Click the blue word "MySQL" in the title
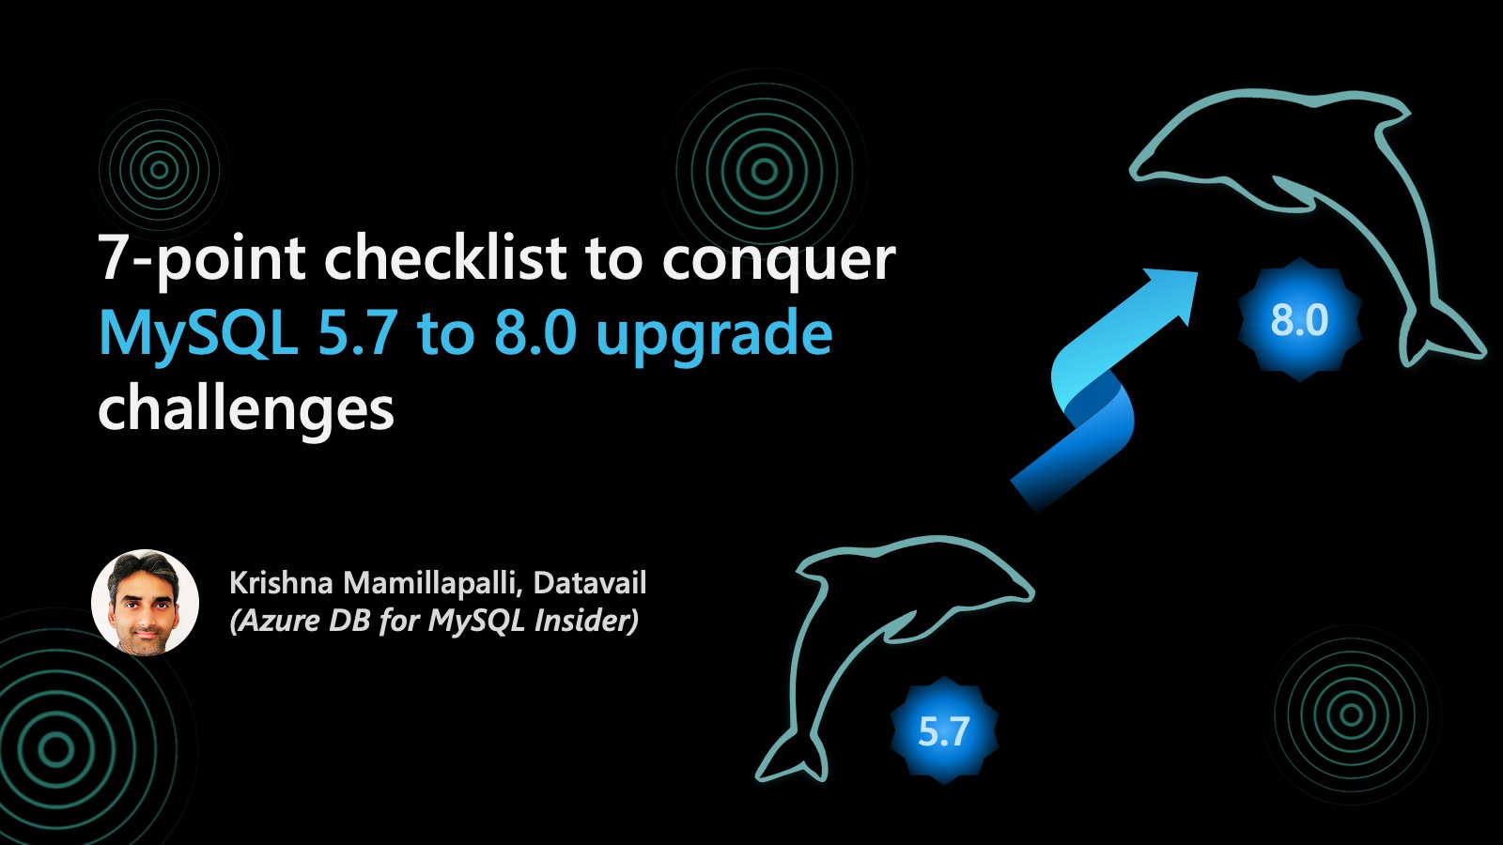197,335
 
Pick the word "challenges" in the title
245,410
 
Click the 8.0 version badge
1299,320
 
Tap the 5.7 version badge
943,731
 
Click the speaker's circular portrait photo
145,603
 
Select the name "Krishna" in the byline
281,583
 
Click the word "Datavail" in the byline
589,583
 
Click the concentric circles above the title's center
765,171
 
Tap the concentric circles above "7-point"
159,170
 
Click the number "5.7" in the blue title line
356,335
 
